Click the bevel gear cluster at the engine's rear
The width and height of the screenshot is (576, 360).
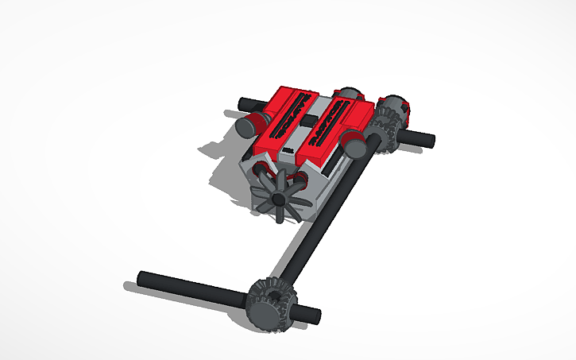389,123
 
